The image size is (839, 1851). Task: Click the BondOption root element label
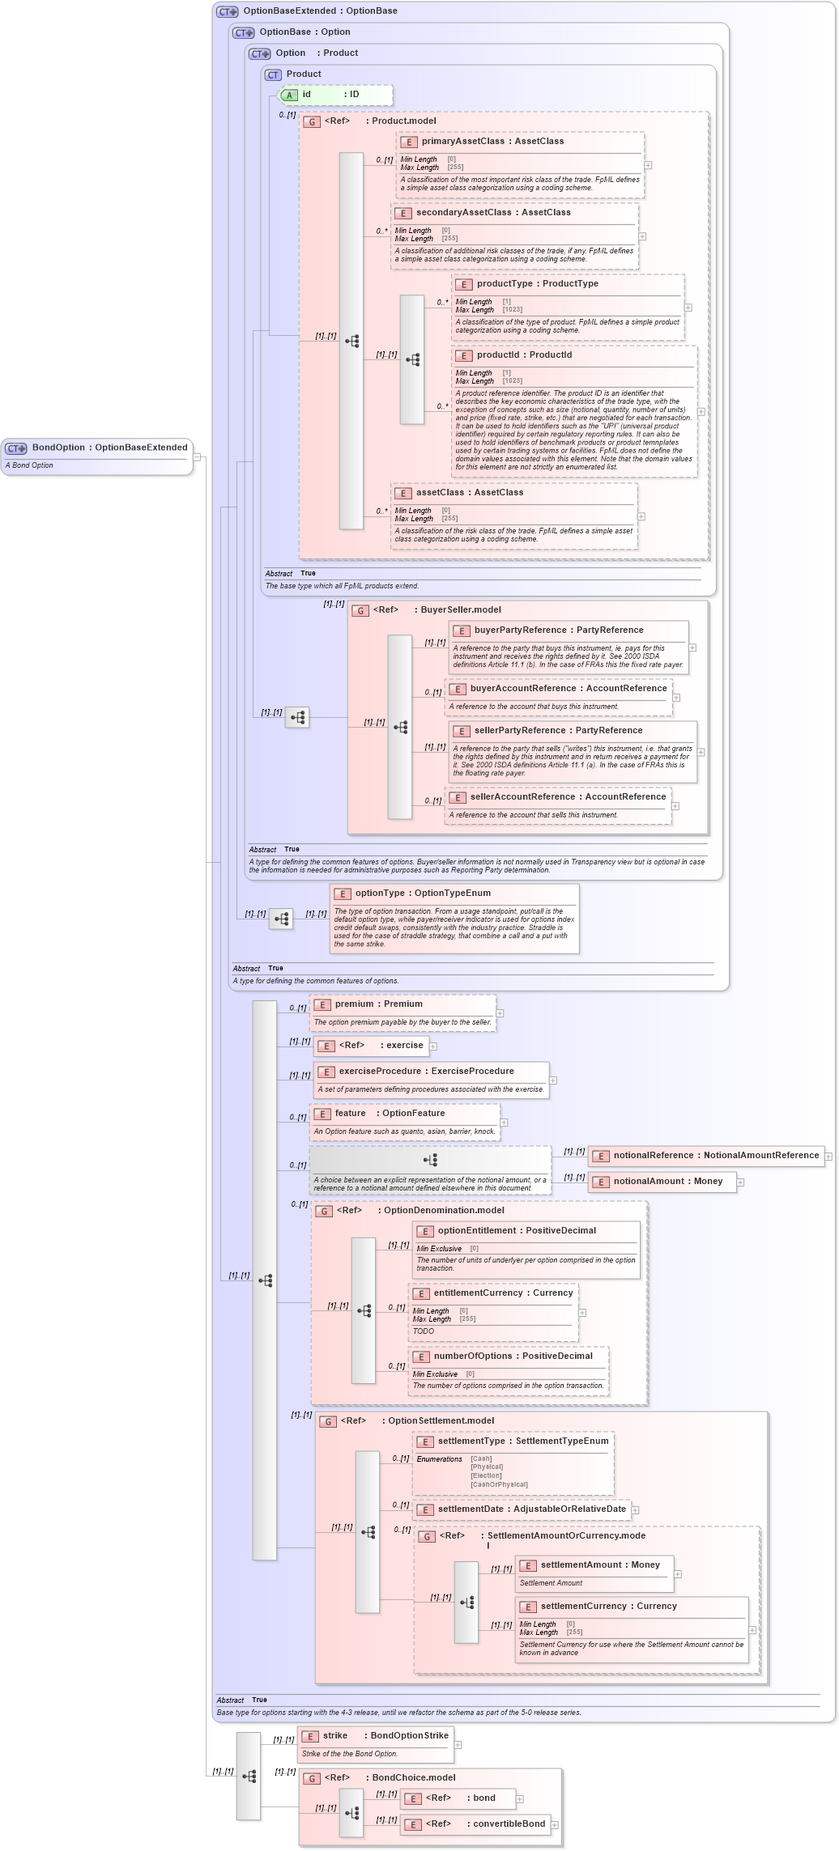tap(109, 448)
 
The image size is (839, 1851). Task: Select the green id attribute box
tap(335, 95)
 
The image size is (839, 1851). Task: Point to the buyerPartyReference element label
tap(559, 630)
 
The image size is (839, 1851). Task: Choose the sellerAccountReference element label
tap(568, 796)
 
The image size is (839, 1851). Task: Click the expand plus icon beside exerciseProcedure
tap(553, 1080)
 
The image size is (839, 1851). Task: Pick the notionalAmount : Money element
tap(667, 1181)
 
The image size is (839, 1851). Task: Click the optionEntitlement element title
tap(517, 1230)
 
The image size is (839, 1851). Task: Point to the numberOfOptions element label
tap(513, 1356)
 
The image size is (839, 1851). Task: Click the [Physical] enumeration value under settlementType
tap(487, 1467)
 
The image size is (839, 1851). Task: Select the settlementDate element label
tap(531, 1509)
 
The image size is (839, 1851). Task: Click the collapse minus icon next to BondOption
tap(197, 456)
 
